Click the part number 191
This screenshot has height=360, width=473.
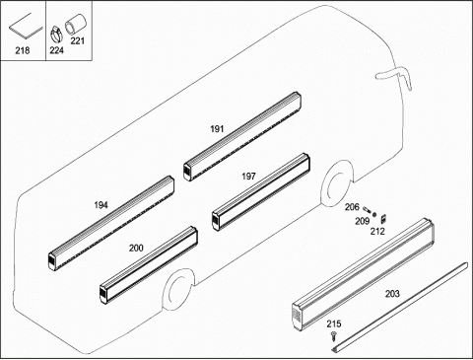pos(217,129)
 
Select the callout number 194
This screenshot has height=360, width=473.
pos(101,205)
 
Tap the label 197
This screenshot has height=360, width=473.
pos(248,177)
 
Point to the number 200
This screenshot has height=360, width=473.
pos(136,248)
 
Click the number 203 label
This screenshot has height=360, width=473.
pos(392,294)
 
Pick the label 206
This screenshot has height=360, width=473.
pos(352,207)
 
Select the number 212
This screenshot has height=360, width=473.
pos(377,232)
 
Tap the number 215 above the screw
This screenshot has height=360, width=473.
pos(334,324)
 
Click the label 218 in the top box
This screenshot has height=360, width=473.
pos(23,50)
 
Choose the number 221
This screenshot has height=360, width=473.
pos(78,40)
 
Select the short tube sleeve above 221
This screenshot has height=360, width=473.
pos(75,26)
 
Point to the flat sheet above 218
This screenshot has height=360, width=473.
pos(26,26)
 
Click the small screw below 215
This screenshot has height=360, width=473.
pos(334,336)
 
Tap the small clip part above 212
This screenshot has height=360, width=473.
pos(383,219)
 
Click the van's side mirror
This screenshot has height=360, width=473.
pos(393,75)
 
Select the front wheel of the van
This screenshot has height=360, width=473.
pos(337,184)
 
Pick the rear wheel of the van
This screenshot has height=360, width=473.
pos(177,290)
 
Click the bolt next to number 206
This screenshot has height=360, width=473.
pos(367,209)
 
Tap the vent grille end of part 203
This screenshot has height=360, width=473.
pos(297,317)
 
